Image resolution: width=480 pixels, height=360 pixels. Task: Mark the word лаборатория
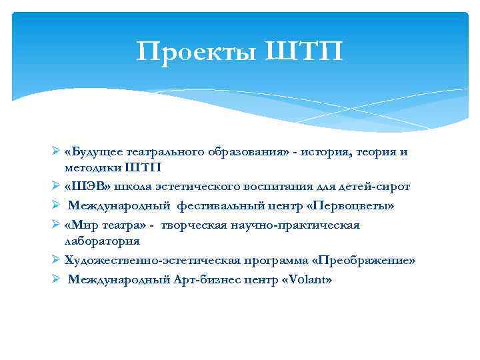(102, 241)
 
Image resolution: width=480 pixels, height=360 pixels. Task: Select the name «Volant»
(307, 279)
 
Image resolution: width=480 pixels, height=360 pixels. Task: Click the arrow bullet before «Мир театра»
(56, 225)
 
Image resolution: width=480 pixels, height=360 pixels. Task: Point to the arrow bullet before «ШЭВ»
(56, 187)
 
